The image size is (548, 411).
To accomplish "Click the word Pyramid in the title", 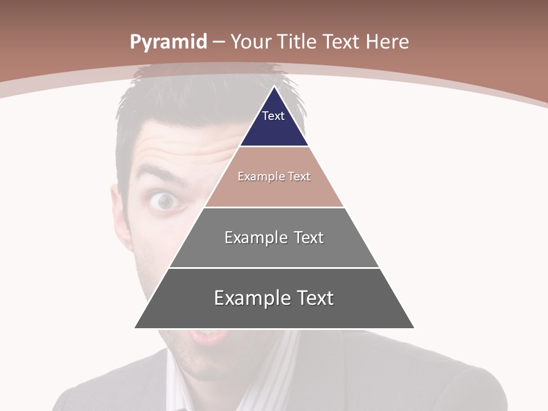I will pos(168,42).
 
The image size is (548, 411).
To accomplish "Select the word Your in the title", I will pos(252,42).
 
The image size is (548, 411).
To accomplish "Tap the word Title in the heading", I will pos(297,42).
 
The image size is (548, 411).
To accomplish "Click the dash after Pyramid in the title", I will pos(219,42).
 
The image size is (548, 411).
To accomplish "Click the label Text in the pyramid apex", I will pos(273,116).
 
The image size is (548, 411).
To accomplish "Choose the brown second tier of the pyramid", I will pos(274,191).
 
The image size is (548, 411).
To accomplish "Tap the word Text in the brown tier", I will pos(299,176).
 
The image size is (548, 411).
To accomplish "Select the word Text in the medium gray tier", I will pos(309,237).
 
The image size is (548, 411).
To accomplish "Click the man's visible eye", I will pos(166,201).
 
